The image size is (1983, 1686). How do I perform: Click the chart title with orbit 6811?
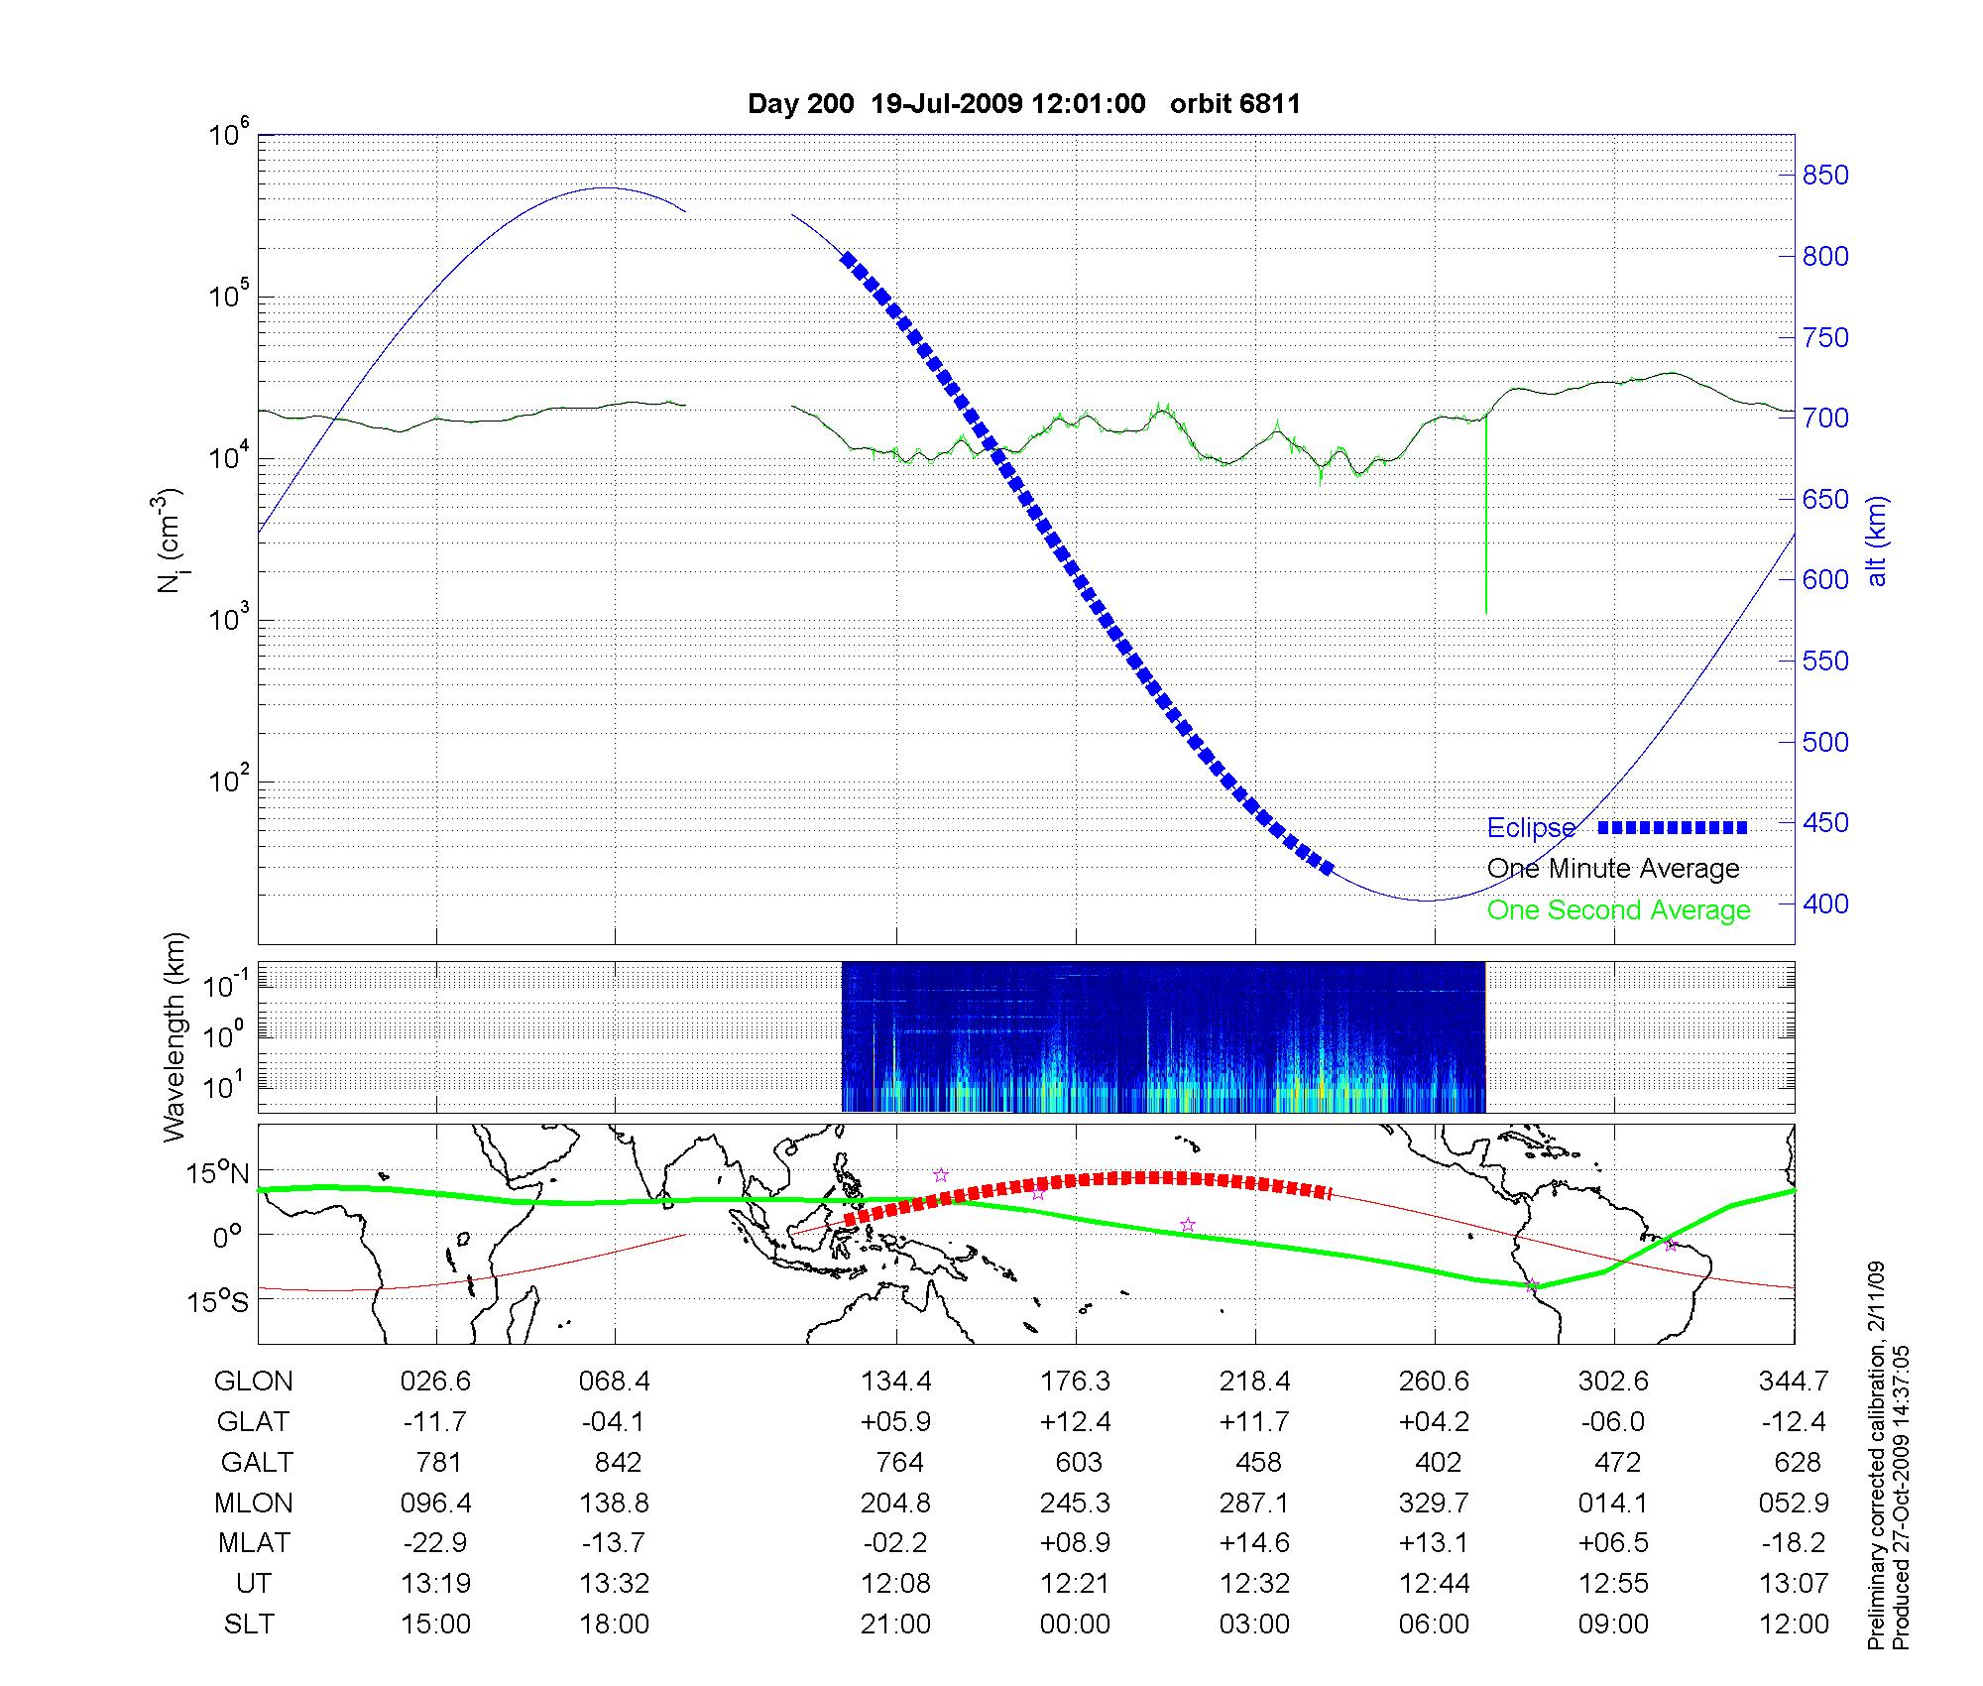(x=1023, y=104)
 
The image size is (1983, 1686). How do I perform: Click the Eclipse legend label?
(x=1531, y=827)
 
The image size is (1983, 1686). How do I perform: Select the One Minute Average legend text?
(x=1613, y=869)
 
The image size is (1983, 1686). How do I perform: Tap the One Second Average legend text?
(x=1618, y=910)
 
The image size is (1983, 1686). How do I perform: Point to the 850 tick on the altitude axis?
(x=1825, y=176)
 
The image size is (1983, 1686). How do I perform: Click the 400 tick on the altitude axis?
(x=1825, y=903)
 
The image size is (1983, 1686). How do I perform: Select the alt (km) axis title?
(x=1877, y=541)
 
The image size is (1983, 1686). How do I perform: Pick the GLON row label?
(x=254, y=1382)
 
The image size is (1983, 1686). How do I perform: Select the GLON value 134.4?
(x=896, y=1382)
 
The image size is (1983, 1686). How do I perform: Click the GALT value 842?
(x=615, y=1463)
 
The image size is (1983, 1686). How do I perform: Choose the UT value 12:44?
(x=1434, y=1584)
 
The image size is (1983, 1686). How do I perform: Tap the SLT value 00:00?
(x=1076, y=1625)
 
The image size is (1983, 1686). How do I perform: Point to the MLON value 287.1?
(x=1254, y=1504)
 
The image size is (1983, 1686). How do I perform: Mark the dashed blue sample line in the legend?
(x=1672, y=827)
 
